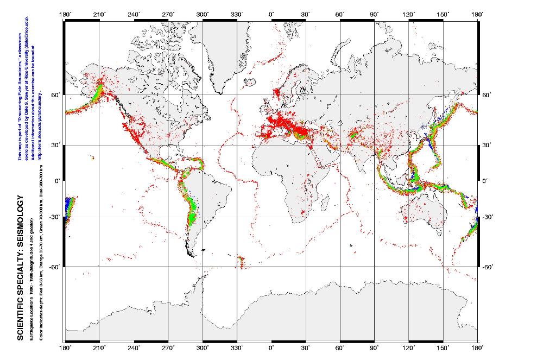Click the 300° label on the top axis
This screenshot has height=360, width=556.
[202, 15]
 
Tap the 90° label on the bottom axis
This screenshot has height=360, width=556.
[374, 347]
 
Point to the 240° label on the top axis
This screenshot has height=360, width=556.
[134, 15]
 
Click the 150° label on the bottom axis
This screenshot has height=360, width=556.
[443, 347]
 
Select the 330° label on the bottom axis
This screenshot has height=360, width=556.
[237, 347]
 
